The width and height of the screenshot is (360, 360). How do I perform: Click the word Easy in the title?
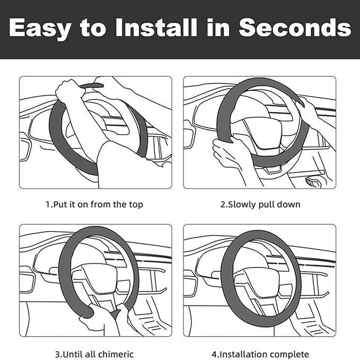pos(40,29)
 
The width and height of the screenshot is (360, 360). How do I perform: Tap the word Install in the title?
pos(156,28)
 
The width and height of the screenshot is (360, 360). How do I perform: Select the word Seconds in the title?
pos(295,28)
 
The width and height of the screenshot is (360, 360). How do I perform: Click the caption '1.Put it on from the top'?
pos(94,204)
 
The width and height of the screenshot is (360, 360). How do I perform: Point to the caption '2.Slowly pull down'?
pos(260,204)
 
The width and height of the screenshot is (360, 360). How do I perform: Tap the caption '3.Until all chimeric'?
pos(94,354)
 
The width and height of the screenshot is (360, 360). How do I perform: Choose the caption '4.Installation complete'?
pos(260,355)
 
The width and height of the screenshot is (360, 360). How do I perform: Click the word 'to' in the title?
pos(93,29)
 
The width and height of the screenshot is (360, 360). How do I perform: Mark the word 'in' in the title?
pos(218,28)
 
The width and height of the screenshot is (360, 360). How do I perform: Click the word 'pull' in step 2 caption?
pos(266,205)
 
